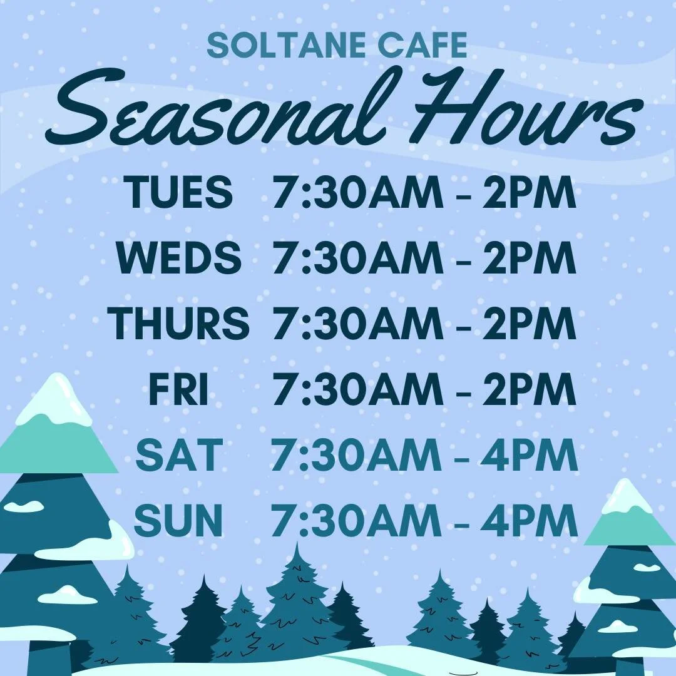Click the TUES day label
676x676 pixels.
[x=178, y=192]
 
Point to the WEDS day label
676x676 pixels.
[x=178, y=258]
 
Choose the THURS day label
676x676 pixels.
[x=178, y=324]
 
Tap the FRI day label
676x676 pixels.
[x=178, y=389]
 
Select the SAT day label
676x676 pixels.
[x=179, y=455]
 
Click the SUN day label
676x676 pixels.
[x=178, y=521]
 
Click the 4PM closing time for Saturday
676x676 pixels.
[x=529, y=455]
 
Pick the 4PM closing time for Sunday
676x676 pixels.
[x=529, y=521]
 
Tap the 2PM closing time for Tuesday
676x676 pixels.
[x=529, y=192]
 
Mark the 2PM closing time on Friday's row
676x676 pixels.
[x=529, y=389]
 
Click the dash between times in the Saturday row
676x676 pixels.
[x=461, y=456]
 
